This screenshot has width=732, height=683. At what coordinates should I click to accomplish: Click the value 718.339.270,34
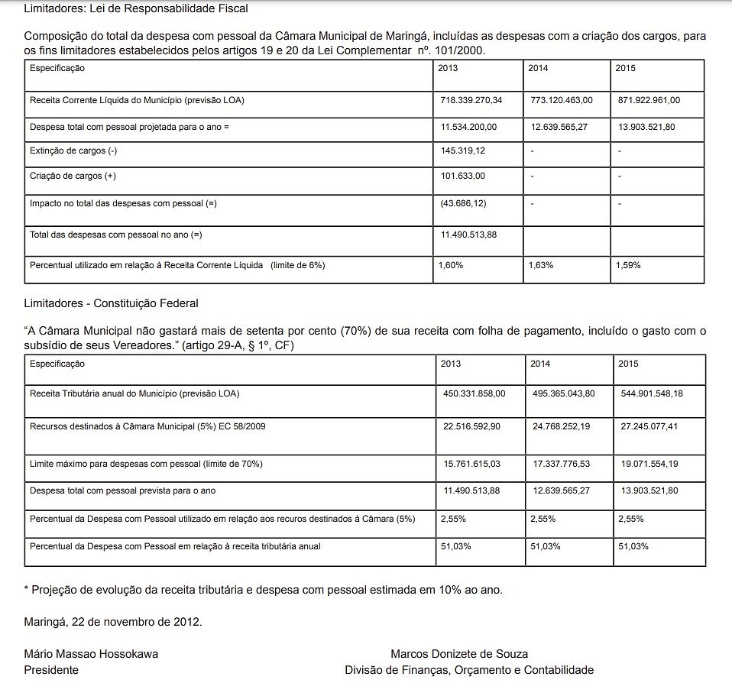471,100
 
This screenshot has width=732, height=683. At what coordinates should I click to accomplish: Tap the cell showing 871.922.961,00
649,100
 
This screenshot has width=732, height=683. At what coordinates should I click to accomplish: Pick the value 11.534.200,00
468,126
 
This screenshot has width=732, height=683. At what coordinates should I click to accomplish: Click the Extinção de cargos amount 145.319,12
463,151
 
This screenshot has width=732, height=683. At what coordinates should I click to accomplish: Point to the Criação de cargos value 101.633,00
463,176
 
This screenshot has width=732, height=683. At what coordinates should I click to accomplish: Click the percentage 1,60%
450,265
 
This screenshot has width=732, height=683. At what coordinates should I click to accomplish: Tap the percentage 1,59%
628,265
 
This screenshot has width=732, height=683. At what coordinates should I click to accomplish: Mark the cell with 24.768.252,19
562,426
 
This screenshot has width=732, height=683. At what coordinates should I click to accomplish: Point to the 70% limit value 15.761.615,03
471,464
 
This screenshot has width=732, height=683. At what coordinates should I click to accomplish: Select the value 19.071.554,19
649,464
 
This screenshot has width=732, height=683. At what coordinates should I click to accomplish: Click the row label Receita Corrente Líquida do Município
137,100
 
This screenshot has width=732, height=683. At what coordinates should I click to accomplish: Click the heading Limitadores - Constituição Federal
112,303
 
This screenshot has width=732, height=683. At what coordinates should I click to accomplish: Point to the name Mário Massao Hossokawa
92,654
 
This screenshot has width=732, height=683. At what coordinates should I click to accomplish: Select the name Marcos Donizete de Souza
459,654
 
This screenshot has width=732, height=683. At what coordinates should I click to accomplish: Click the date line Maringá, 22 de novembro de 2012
113,622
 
